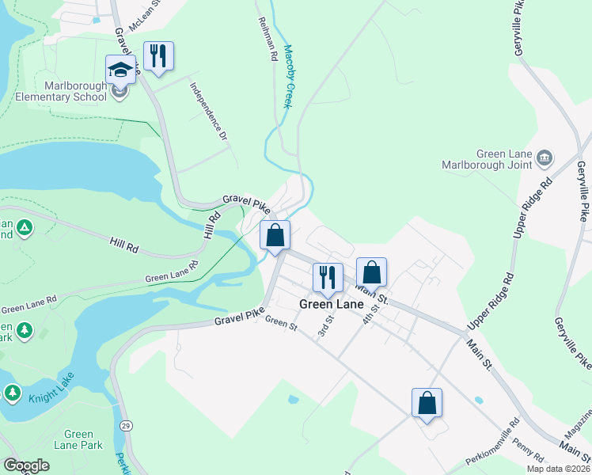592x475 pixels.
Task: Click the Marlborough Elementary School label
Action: coord(61,92)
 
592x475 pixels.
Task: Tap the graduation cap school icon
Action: coord(120,70)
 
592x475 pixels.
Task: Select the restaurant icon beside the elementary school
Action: coord(158,56)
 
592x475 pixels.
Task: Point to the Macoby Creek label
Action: coord(287,76)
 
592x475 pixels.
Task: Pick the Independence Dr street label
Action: coord(208,111)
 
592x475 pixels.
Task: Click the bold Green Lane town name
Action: coord(331,304)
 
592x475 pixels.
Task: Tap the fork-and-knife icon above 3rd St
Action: coord(328,278)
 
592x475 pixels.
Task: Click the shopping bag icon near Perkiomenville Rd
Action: coord(427,403)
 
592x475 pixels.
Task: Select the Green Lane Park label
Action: coord(79,439)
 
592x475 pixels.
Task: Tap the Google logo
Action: coord(26,465)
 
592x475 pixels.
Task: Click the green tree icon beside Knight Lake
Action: coord(13,392)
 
